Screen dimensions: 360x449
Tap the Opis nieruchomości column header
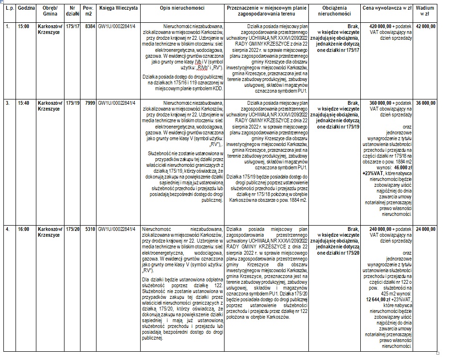coord(182,9)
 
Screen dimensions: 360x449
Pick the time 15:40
coord(23,103)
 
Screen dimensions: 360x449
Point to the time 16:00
coord(23,229)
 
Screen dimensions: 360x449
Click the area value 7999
coord(89,103)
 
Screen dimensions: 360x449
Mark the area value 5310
coord(89,229)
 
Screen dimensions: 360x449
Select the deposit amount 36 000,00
coord(425,103)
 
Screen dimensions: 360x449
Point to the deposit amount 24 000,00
coord(425,229)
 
